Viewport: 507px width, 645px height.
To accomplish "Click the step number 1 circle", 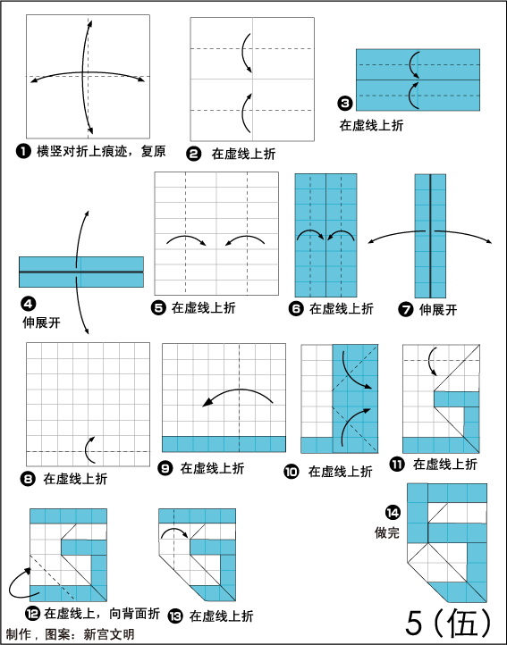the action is [23, 151].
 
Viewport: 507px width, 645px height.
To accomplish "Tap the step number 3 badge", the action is [345, 104].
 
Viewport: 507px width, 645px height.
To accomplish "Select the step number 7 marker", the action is [406, 309].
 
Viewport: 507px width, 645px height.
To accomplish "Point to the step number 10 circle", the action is [292, 472].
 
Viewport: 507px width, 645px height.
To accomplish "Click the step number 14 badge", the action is [393, 513].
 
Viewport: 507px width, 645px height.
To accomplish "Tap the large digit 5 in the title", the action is [414, 623].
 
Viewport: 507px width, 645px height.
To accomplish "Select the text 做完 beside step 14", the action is [387, 532].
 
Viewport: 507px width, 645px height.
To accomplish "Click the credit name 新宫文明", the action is [109, 634].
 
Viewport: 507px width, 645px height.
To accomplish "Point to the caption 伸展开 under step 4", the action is [41, 322].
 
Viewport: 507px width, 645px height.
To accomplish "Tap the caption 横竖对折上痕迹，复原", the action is [101, 151].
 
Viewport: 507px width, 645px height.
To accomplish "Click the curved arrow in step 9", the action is [238, 396].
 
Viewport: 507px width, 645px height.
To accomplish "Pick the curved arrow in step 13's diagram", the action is [173, 531].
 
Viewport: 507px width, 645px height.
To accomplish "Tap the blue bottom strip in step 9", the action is [224, 444].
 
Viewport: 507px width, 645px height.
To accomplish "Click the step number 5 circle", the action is [158, 307].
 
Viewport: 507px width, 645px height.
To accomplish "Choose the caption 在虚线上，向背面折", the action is [102, 614].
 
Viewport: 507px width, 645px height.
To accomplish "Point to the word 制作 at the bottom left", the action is [19, 634].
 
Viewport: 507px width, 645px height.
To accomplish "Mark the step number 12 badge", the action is [32, 614].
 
